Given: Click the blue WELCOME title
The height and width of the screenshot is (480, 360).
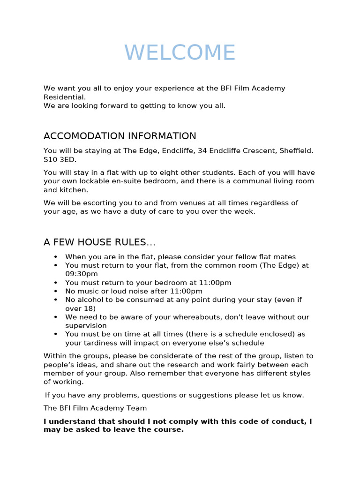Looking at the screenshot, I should click(x=180, y=52).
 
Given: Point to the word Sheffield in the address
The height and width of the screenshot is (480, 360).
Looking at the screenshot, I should click(x=296, y=150).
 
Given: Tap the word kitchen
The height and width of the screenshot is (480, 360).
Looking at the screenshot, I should click(x=73, y=190).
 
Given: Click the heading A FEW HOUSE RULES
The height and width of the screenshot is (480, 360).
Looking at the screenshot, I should click(x=99, y=242).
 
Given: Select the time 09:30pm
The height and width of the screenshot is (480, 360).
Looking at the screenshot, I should click(x=82, y=274).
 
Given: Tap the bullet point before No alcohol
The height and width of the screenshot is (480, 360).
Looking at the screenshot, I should click(x=56, y=300).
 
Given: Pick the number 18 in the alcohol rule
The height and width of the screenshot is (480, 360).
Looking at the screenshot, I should click(x=90, y=308).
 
